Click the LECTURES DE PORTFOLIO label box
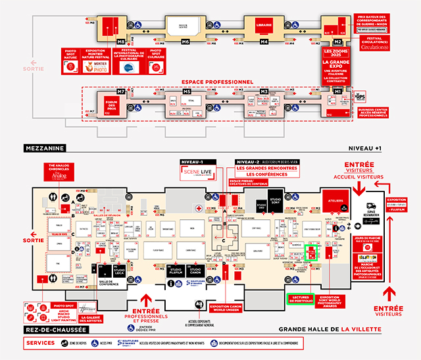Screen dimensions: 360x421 pyautogui.click(x=303, y=299)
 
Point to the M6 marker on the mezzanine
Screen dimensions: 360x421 pyautogui.click(x=186, y=41)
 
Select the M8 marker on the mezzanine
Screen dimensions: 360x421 pyautogui.click(x=121, y=41)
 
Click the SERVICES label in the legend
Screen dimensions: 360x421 pyautogui.click(x=41, y=344)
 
